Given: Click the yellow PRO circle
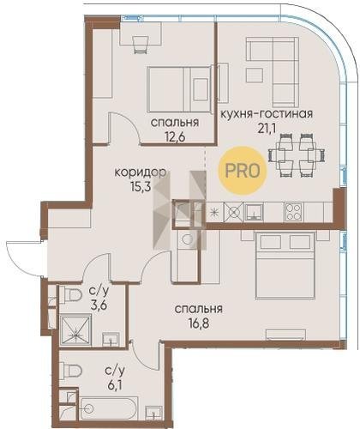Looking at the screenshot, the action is pyautogui.click(x=243, y=171).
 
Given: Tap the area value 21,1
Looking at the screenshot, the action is pyautogui.click(x=267, y=129).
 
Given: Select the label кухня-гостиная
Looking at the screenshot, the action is pyautogui.click(x=267, y=114).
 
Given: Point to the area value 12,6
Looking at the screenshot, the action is pyautogui.click(x=175, y=137).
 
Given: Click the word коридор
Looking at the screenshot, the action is pyautogui.click(x=140, y=172).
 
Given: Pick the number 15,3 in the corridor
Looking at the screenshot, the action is pyautogui.click(x=140, y=187).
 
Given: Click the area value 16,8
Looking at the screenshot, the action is pyautogui.click(x=199, y=323).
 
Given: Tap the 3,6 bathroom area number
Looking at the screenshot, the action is pyautogui.click(x=99, y=305).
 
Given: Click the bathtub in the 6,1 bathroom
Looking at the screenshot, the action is pyautogui.click(x=109, y=408).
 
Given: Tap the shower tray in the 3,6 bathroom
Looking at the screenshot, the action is pyautogui.click(x=75, y=330).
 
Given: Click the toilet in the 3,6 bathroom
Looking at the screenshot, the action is pyautogui.click(x=71, y=294).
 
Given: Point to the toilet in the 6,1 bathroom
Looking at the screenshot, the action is pyautogui.click(x=71, y=371).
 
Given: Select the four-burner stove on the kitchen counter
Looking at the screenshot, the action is pyautogui.click(x=293, y=212).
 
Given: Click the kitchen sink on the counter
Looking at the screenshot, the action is pyautogui.click(x=254, y=212).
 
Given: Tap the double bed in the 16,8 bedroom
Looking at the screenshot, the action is pyautogui.click(x=285, y=266).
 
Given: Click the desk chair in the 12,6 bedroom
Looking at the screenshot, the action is pyautogui.click(x=141, y=45).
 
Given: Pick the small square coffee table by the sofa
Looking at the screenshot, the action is pyautogui.click(x=255, y=75).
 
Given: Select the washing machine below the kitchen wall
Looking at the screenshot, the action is pyautogui.click(x=187, y=240).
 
